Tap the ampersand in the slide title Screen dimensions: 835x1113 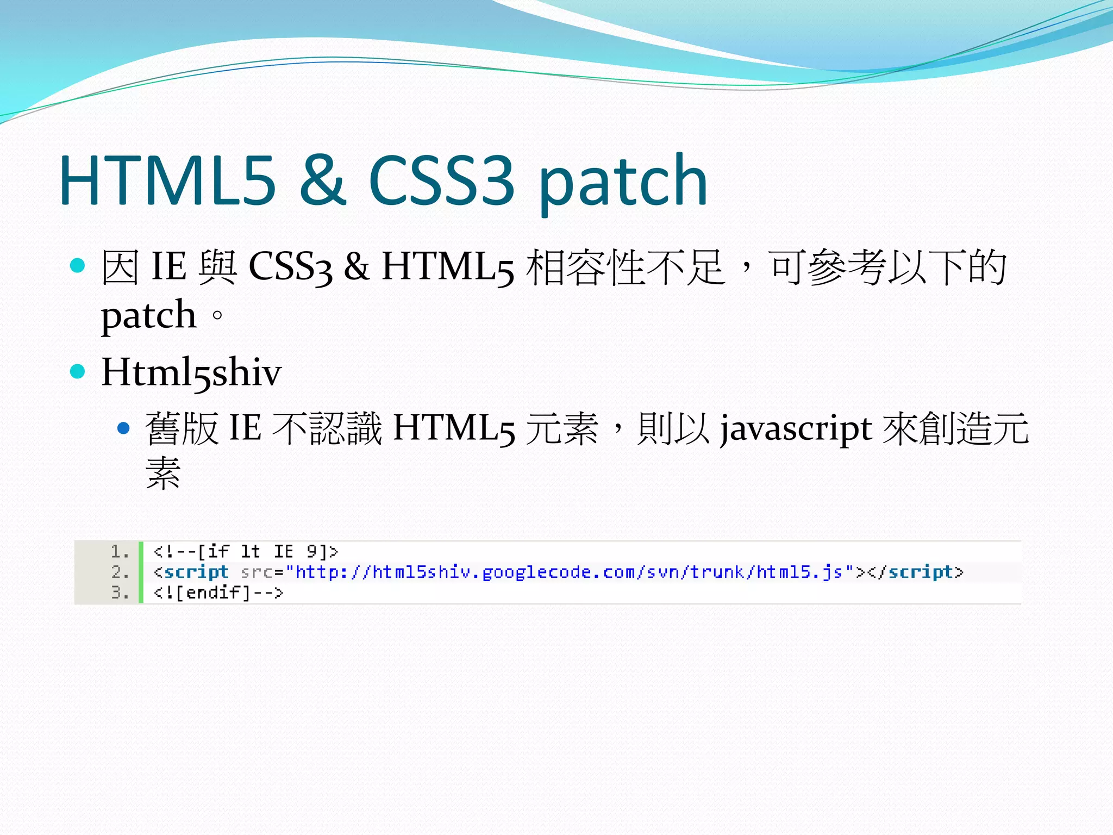click(322, 180)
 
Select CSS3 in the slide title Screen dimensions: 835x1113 click(441, 180)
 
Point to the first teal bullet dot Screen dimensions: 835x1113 click(78, 266)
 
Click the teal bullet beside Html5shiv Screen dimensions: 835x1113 click(78, 372)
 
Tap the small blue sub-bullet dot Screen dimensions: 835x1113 click(124, 428)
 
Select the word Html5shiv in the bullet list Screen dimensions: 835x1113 click(191, 373)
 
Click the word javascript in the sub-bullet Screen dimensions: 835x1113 click(796, 429)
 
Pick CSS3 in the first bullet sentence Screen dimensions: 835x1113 click(290, 267)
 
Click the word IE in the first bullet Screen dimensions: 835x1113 click(169, 267)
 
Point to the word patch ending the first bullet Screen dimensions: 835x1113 click(148, 315)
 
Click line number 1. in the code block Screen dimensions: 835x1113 click(120, 552)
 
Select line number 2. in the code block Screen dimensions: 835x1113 click(120, 572)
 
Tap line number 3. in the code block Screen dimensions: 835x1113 click(120, 592)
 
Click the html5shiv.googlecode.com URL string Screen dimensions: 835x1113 click(569, 572)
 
